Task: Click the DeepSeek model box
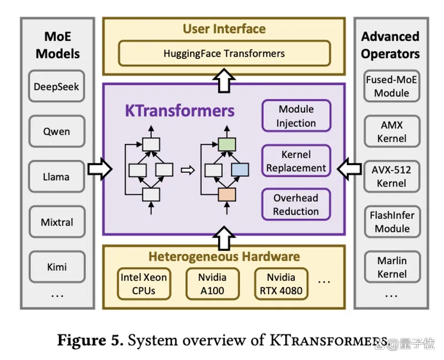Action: click(x=57, y=86)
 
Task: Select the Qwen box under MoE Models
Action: click(x=57, y=131)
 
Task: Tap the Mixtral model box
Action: click(x=57, y=222)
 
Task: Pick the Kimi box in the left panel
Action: click(x=57, y=267)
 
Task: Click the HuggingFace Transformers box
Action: click(x=224, y=54)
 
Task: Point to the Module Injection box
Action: click(x=296, y=116)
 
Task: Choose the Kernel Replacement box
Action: click(x=296, y=161)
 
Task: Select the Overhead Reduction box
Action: click(x=296, y=205)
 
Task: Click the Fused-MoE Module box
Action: click(x=391, y=86)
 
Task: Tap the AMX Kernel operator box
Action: click(x=392, y=131)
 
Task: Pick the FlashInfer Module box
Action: click(x=392, y=222)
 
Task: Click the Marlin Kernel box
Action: click(x=392, y=267)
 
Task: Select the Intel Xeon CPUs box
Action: click(x=144, y=283)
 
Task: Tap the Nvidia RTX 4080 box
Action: click(x=281, y=283)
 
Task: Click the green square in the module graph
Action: click(x=227, y=145)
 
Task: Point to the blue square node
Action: click(x=240, y=170)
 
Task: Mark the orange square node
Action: click(x=227, y=194)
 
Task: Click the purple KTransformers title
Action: click(x=180, y=110)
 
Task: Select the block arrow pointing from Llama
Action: click(x=100, y=169)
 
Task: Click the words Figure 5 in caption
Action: click(x=90, y=340)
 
